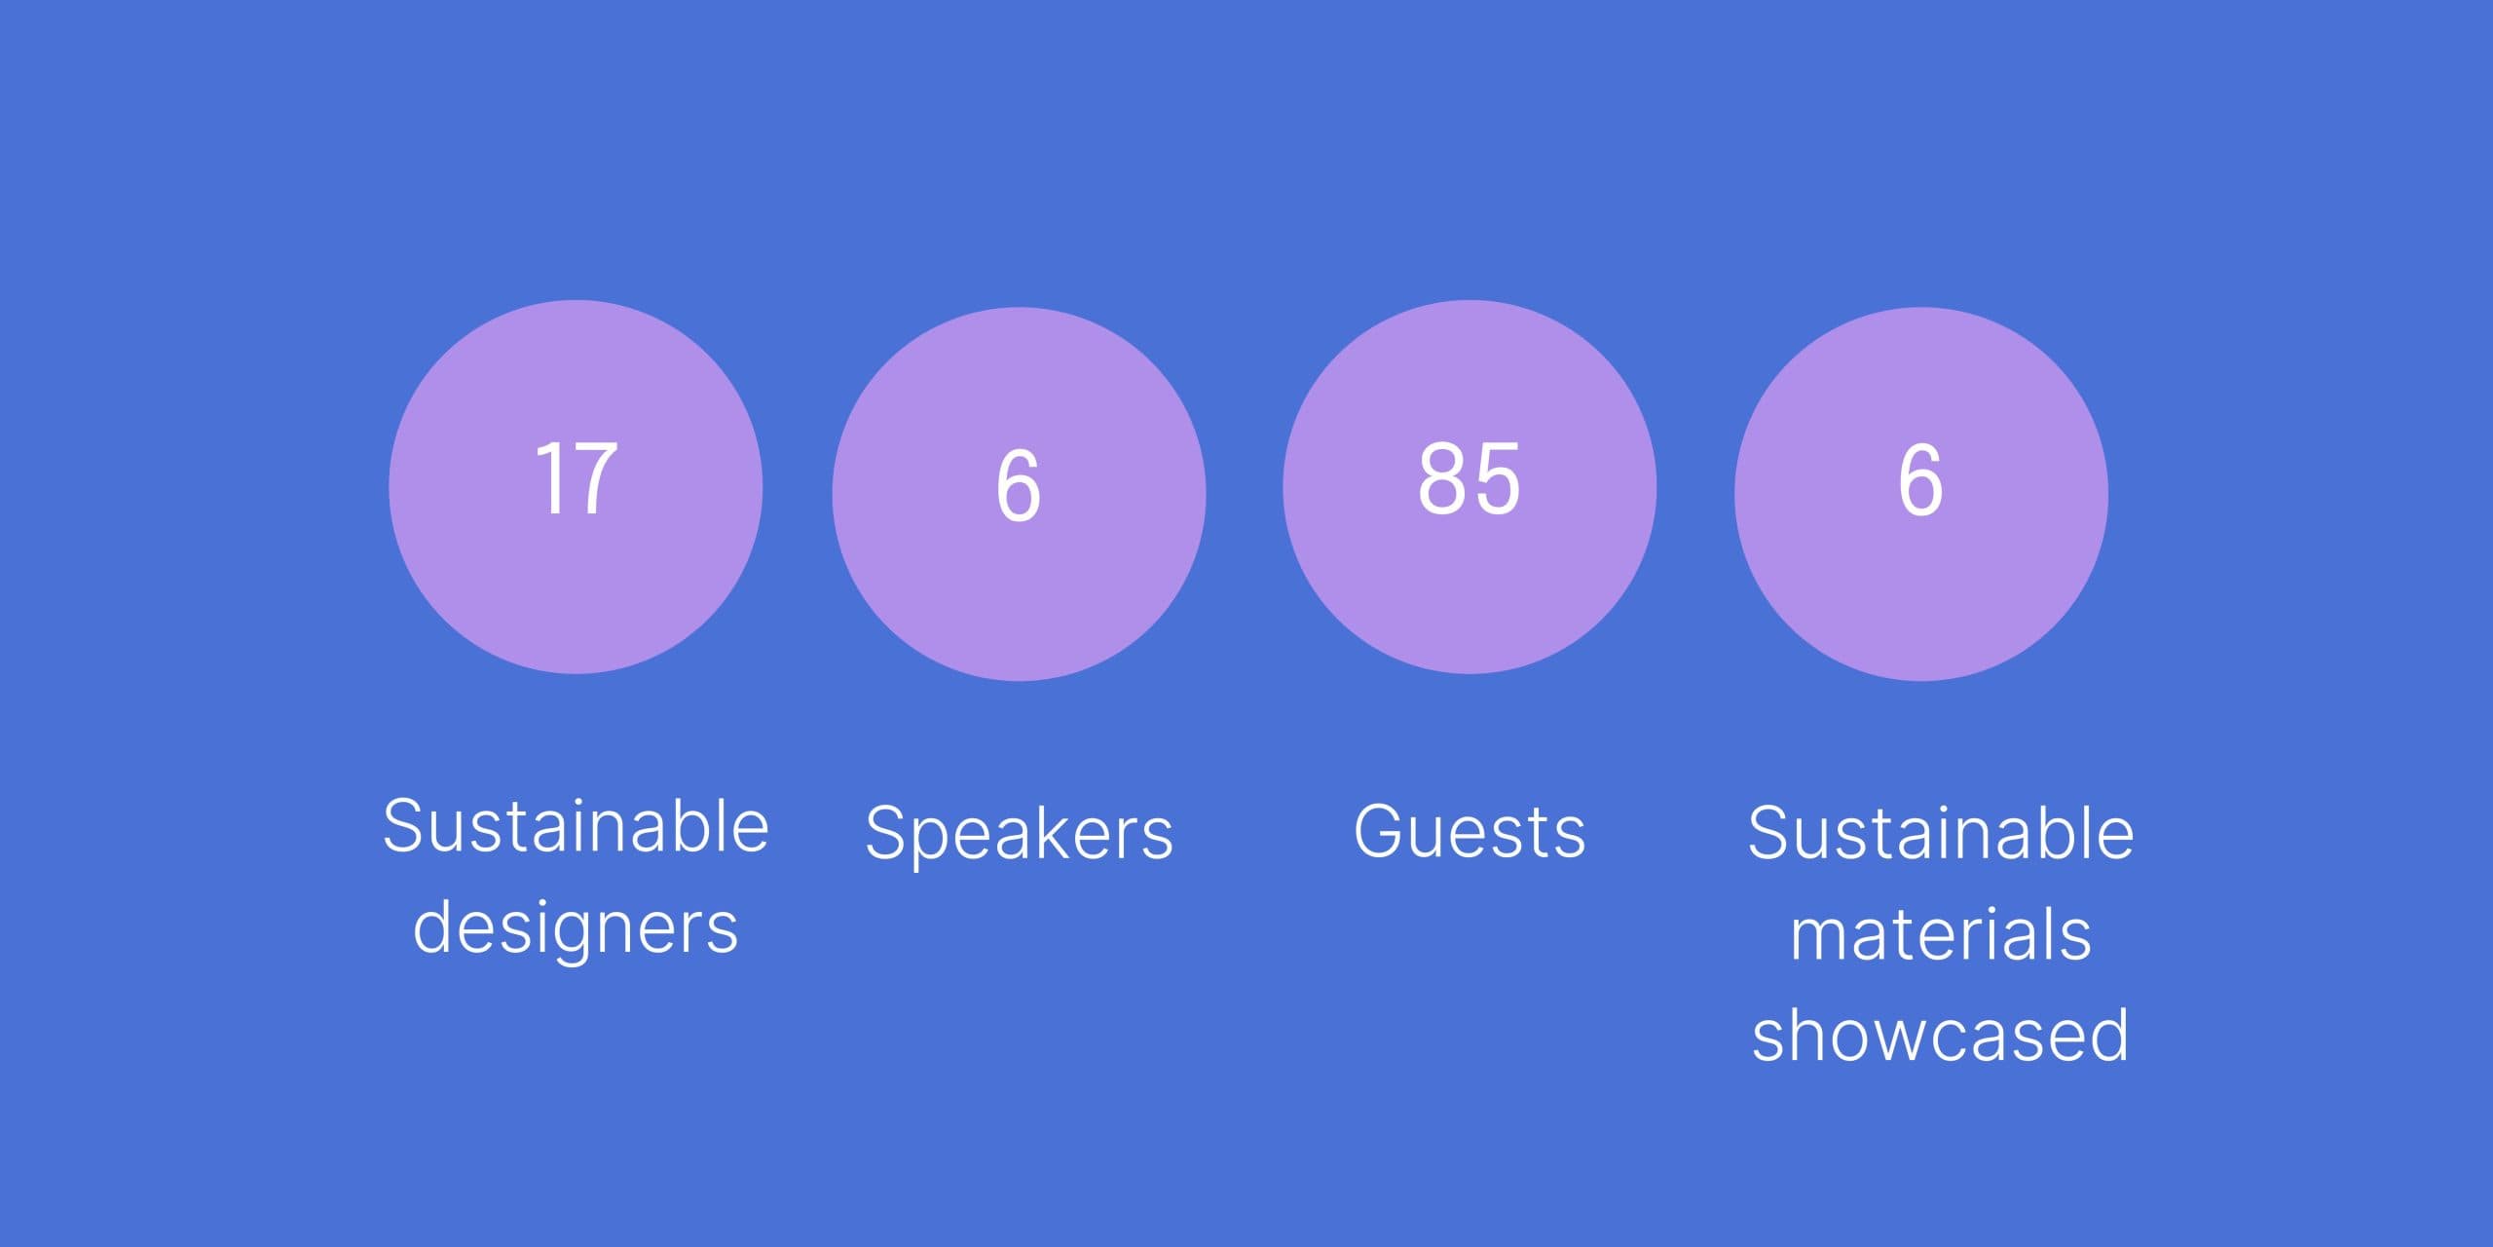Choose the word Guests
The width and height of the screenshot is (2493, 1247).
(1470, 831)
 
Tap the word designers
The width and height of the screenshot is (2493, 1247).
(576, 927)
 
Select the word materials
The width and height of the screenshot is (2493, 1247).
(1941, 934)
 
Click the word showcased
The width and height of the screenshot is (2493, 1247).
(1940, 1035)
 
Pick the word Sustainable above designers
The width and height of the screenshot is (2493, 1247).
(576, 826)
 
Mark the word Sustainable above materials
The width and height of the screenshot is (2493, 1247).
(1941, 833)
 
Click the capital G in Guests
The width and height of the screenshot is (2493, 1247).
(1381, 831)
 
